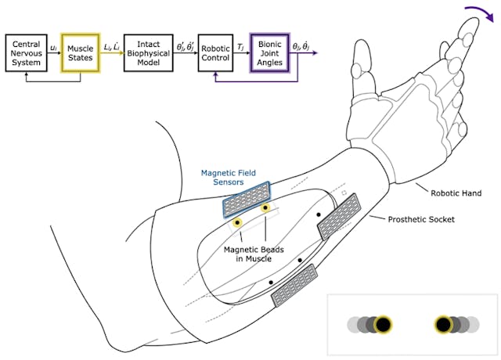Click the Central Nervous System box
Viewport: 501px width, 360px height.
pos(27,52)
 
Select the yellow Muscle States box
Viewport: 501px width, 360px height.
pos(81,52)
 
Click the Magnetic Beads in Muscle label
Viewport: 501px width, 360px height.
pos(252,255)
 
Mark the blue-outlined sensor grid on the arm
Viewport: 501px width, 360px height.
pos(247,200)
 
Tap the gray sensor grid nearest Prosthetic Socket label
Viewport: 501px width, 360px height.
pos(340,216)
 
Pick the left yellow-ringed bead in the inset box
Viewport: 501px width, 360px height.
pos(383,324)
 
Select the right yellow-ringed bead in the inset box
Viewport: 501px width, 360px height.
pos(443,324)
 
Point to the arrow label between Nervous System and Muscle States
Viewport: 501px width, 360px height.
pos(53,47)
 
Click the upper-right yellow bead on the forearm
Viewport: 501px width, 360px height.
pos(266,208)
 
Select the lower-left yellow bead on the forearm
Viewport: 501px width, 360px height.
pos(237,224)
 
